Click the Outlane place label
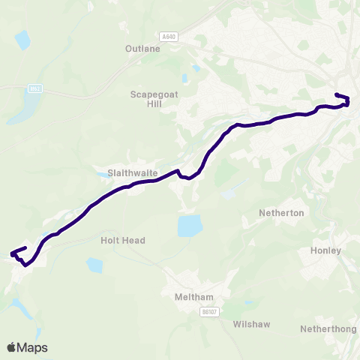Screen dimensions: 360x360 [142, 49]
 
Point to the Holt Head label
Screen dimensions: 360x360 [122, 241]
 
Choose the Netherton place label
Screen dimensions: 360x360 [281, 213]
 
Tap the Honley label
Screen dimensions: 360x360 [325, 250]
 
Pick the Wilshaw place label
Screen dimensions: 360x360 [251, 324]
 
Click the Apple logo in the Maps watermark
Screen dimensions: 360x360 [12, 347]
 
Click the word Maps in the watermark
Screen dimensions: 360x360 [33, 347]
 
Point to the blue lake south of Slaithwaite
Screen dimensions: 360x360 [190, 224]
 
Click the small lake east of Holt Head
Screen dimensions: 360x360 [94, 265]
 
